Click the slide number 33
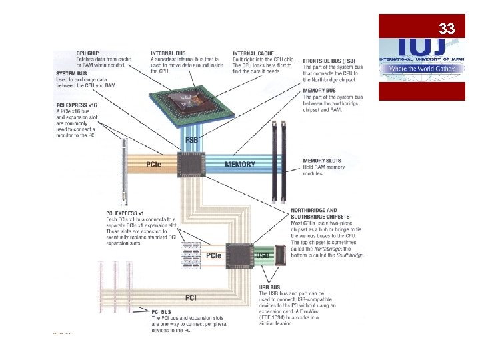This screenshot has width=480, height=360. (x=447, y=29)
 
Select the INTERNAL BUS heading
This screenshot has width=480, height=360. (x=168, y=53)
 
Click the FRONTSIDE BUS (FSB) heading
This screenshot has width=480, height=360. (x=329, y=60)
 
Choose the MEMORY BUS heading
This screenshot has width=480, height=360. (x=320, y=90)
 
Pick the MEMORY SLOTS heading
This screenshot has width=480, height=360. (x=323, y=161)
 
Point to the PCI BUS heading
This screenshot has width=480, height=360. (x=163, y=311)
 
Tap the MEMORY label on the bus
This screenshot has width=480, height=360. (x=239, y=164)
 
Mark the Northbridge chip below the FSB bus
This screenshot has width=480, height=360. (x=192, y=164)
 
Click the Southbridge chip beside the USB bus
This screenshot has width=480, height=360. (x=239, y=255)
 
